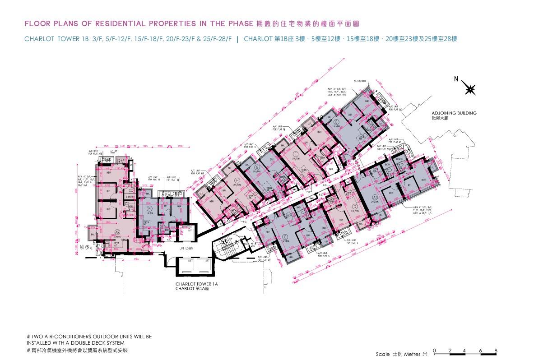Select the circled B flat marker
click(x=149, y=208)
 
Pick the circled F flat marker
click(x=296, y=153)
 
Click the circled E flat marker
click(x=336, y=122)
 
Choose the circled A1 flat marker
click(x=374, y=197)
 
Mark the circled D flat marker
click(x=354, y=206)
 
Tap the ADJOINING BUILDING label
click(x=454, y=113)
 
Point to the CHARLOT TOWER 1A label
click(x=196, y=284)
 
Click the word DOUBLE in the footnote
click(x=87, y=343)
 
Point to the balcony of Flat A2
click(x=93, y=235)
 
